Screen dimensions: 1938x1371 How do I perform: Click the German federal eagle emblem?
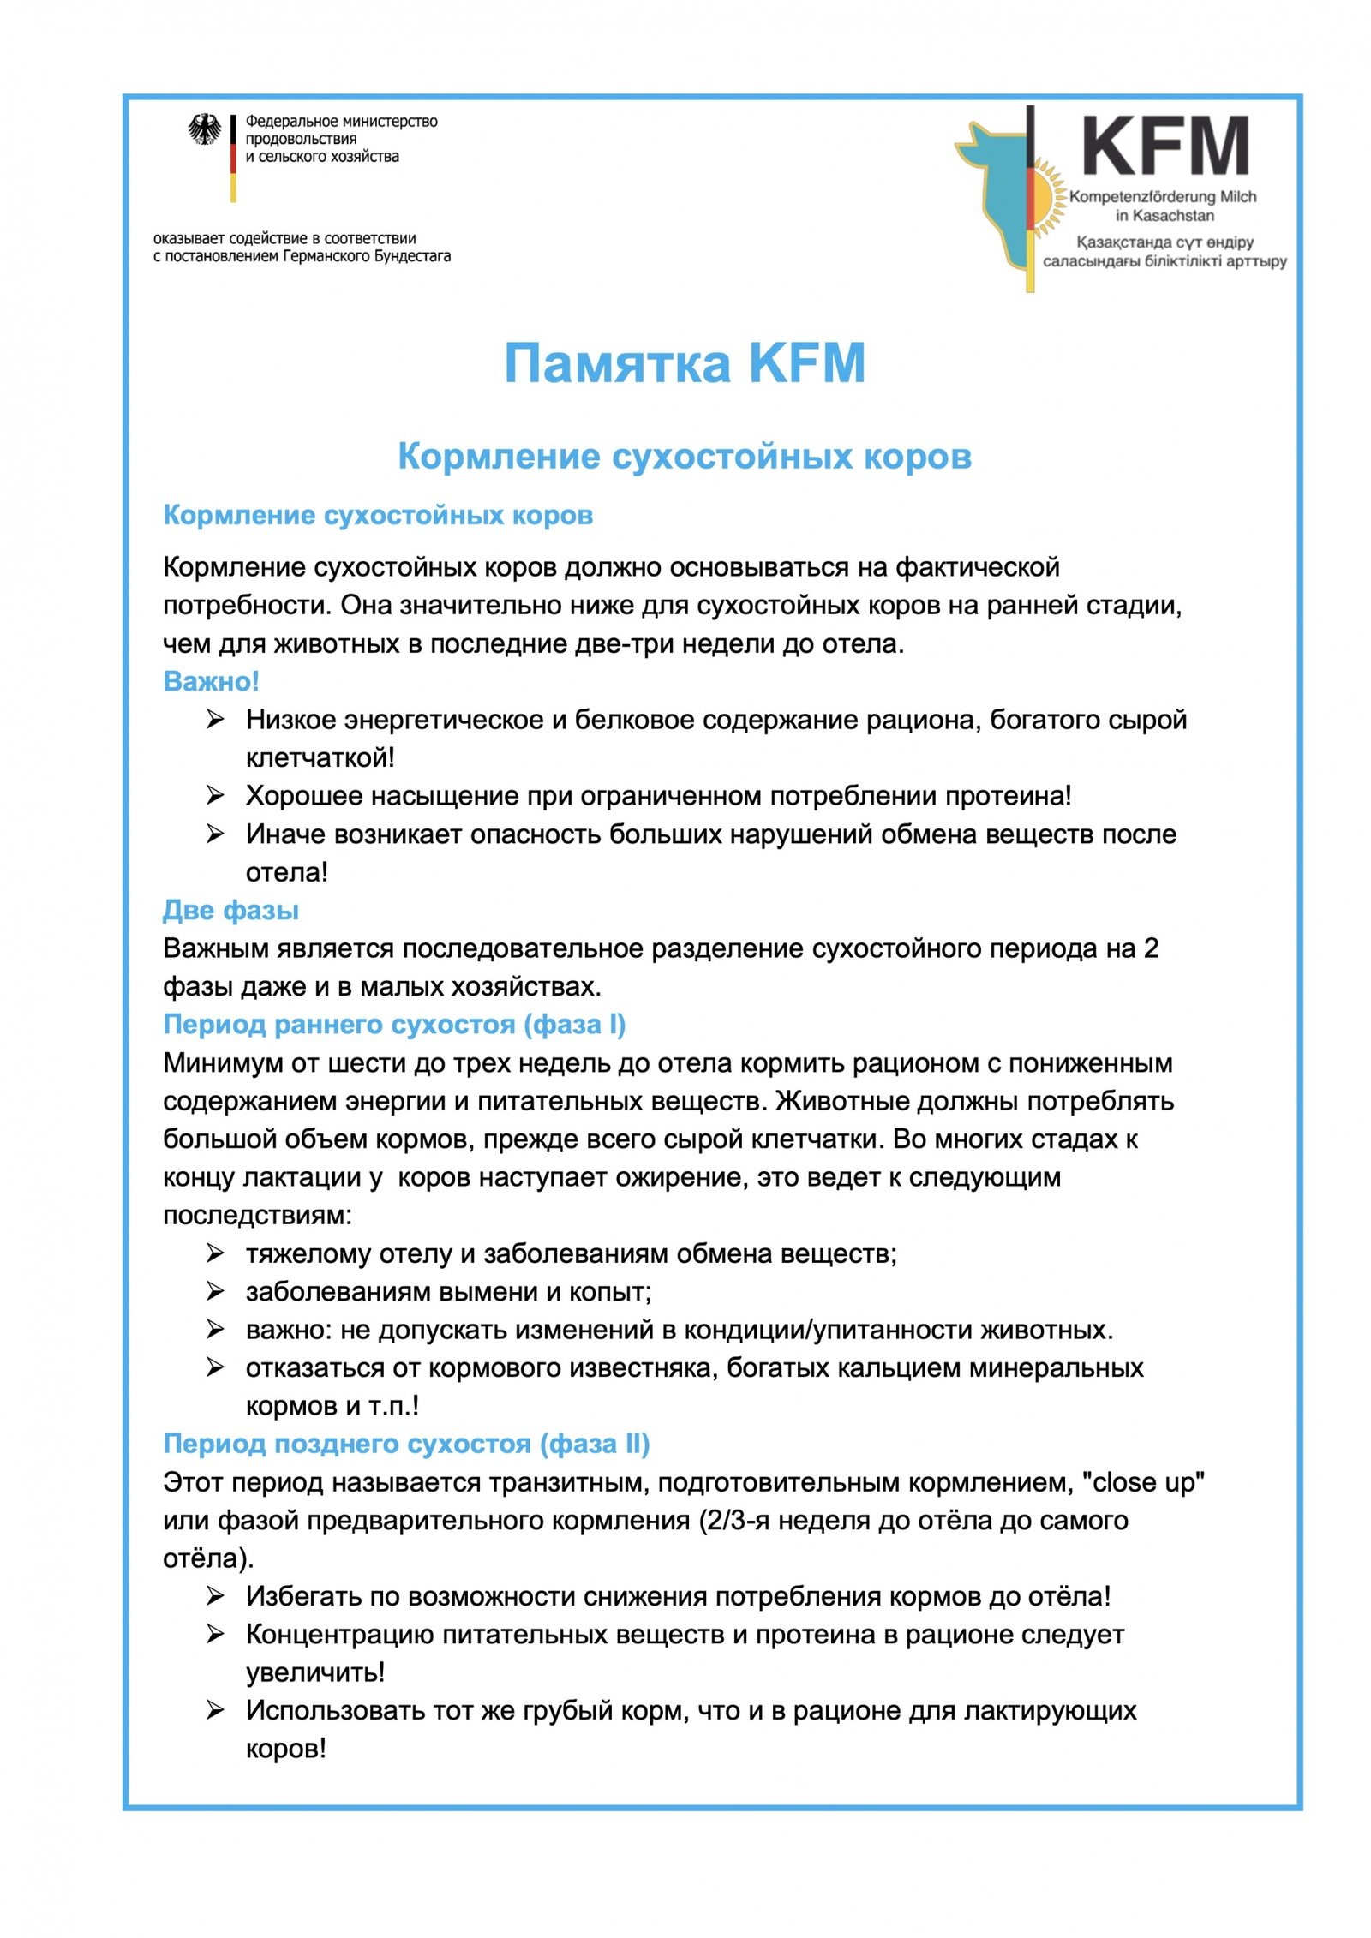pyautogui.click(x=204, y=130)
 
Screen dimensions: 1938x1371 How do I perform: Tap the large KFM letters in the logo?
pyautogui.click(x=1164, y=147)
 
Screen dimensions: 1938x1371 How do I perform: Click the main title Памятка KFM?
pyautogui.click(x=685, y=362)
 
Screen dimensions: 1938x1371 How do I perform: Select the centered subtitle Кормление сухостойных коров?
pyautogui.click(x=685, y=456)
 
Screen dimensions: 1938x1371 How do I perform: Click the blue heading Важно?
pyautogui.click(x=211, y=681)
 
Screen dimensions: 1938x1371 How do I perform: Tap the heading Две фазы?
pyautogui.click(x=230, y=910)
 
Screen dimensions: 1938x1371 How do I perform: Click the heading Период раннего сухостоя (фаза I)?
pyautogui.click(x=394, y=1024)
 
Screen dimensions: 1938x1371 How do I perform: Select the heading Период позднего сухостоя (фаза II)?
pyautogui.click(x=406, y=1444)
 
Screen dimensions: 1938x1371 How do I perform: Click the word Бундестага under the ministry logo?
pyautogui.click(x=413, y=256)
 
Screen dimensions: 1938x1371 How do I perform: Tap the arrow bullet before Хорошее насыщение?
pyautogui.click(x=215, y=795)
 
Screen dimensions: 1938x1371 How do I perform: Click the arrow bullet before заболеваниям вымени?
pyautogui.click(x=215, y=1291)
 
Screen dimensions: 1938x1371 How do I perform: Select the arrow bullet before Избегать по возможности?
pyautogui.click(x=215, y=1596)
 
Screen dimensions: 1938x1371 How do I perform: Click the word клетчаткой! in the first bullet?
pyautogui.click(x=320, y=757)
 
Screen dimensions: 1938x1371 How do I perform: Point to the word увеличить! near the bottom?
pyautogui.click(x=315, y=1672)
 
